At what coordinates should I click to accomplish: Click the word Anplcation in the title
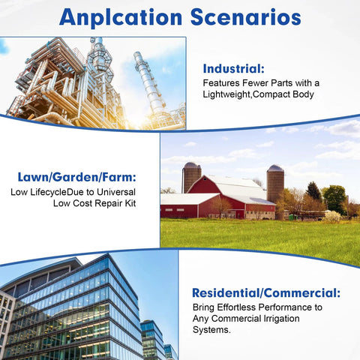[121, 17]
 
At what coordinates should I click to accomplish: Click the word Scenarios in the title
[246, 17]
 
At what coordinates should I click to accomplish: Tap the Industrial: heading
[233, 69]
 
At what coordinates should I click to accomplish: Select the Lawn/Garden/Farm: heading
[77, 177]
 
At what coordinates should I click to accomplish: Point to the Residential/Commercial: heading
[266, 293]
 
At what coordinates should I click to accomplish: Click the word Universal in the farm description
[116, 192]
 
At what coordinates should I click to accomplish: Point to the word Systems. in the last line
[211, 330]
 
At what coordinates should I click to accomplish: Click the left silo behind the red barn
[191, 177]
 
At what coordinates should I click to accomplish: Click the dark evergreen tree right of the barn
[313, 191]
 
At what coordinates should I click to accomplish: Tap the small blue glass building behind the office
[152, 340]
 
